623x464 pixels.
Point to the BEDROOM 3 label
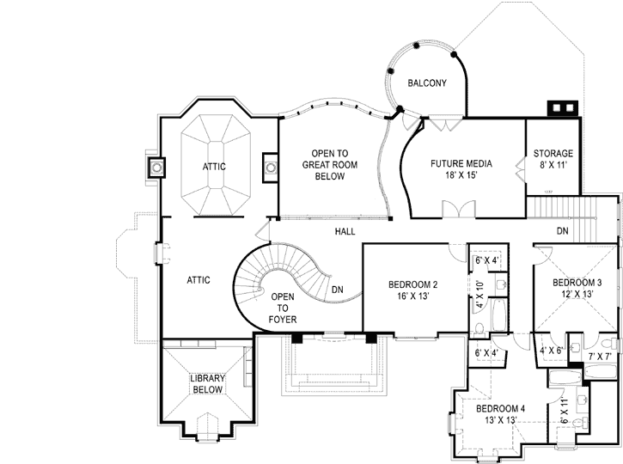pos(577,288)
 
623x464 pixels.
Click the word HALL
pos(345,232)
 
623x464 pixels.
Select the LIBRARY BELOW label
pos(207,383)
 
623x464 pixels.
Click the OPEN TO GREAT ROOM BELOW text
pos(322,164)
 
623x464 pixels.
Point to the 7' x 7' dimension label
pos(599,356)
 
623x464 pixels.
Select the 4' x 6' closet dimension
pos(550,351)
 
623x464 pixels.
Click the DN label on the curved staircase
pos(337,290)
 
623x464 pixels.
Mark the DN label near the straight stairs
pos(562,231)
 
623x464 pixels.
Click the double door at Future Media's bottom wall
pos(456,210)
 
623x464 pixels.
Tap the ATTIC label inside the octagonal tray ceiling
pos(214,166)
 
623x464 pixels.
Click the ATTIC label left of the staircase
pos(199,280)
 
